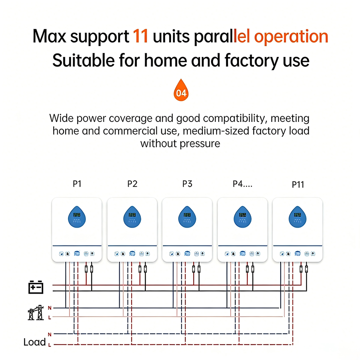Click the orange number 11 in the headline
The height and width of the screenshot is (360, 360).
(140, 36)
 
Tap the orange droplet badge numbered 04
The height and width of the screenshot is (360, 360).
(181, 90)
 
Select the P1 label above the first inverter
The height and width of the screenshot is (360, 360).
(77, 184)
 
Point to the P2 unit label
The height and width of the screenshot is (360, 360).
(132, 184)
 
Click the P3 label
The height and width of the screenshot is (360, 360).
(187, 184)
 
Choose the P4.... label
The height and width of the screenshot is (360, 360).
(243, 184)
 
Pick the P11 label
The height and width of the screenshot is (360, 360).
(298, 184)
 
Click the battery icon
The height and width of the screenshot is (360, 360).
(36, 287)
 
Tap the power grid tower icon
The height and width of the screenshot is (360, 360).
(36, 313)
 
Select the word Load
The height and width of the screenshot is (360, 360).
(34, 342)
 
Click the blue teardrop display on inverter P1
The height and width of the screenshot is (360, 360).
(77, 217)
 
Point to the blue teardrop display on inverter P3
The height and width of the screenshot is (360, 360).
(187, 217)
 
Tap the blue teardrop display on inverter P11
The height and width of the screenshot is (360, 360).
(297, 217)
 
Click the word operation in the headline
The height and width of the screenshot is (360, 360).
(291, 37)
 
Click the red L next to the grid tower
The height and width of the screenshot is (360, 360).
(49, 318)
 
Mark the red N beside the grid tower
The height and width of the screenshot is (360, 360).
(49, 308)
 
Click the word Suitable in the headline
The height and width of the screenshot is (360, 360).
(84, 60)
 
